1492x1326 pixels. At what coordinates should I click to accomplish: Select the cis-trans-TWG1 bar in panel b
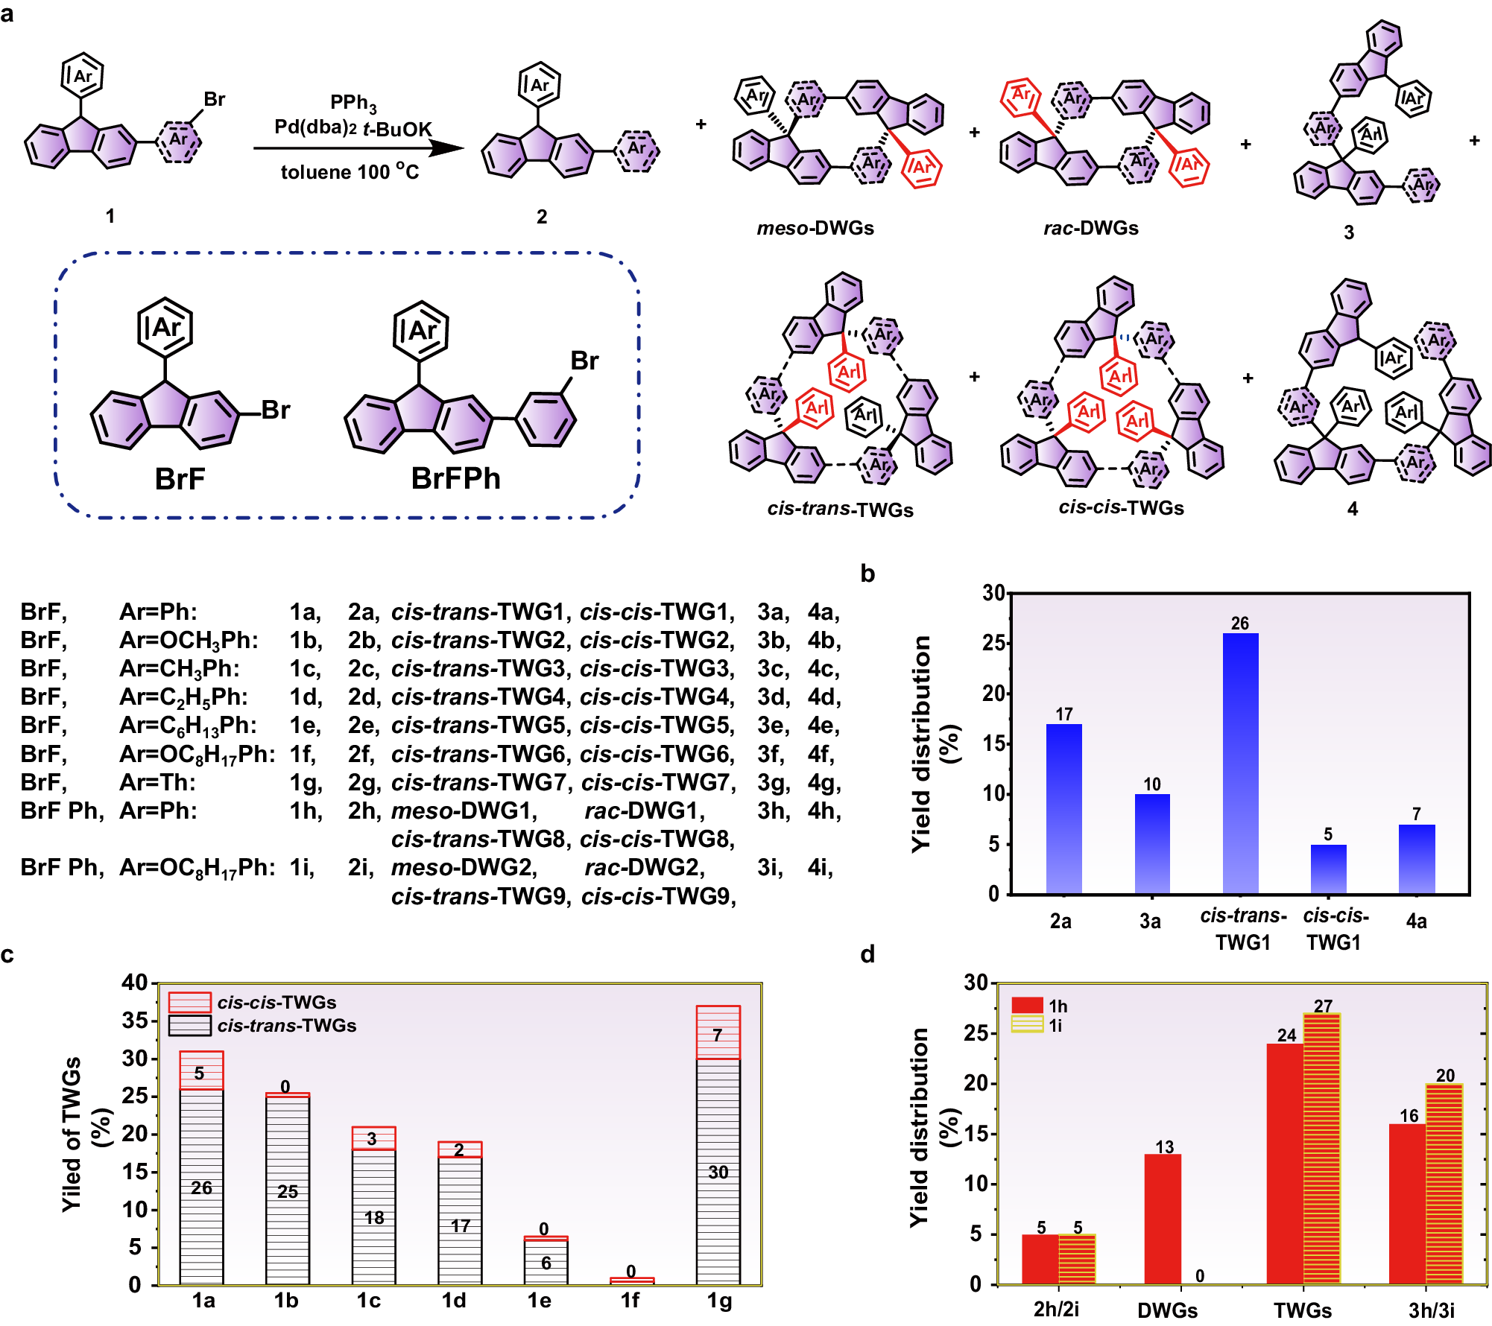1240,763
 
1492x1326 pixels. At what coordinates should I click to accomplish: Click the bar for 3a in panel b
1152,843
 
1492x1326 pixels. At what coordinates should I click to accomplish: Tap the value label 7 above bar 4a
1416,814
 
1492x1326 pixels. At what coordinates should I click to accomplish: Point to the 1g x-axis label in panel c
718,1301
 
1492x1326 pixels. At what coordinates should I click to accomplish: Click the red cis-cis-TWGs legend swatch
189,1002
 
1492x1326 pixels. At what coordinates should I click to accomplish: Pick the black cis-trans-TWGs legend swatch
189,1025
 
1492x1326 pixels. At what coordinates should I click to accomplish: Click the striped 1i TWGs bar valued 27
1322,1148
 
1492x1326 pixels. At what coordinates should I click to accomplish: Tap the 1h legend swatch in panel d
1026,1006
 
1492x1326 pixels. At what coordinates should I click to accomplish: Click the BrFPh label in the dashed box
455,478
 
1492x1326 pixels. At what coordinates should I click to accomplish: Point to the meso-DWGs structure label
815,228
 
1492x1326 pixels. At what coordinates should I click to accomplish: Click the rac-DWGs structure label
1090,228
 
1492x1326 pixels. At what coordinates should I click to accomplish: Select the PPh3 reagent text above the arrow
353,103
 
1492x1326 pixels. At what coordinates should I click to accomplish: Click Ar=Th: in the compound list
157,782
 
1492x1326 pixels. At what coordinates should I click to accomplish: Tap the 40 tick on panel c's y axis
135,983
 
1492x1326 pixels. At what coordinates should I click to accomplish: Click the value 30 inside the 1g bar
718,1172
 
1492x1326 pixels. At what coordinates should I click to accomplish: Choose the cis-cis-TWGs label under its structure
1121,507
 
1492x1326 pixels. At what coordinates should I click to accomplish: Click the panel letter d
867,954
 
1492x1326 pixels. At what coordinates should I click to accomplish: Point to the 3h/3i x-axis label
1431,1310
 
